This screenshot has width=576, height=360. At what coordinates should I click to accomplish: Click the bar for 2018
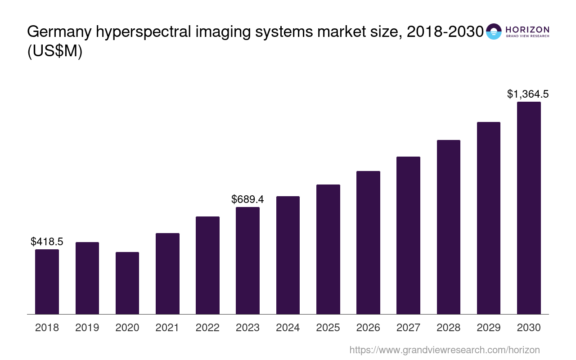[47, 282]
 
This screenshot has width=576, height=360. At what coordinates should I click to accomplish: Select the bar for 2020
[127, 283]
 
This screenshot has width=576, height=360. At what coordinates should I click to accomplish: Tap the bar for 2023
[247, 261]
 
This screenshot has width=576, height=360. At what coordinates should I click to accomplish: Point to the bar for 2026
[368, 243]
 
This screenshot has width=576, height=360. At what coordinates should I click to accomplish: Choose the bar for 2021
[167, 274]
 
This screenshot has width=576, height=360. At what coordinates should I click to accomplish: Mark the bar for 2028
[448, 227]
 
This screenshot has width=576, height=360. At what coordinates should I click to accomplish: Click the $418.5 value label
[47, 242]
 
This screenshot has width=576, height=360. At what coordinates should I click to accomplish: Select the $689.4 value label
[247, 199]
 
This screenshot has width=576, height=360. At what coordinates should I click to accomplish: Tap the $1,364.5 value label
[528, 94]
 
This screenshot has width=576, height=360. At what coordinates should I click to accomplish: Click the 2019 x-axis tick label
[87, 328]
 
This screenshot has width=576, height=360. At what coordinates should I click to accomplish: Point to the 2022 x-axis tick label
[207, 328]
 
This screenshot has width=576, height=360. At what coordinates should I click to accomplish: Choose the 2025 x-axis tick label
[328, 328]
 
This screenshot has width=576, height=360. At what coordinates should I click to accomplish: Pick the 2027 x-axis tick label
[408, 328]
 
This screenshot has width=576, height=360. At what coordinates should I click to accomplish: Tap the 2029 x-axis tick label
[489, 328]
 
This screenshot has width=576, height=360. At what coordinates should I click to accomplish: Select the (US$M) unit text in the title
[55, 52]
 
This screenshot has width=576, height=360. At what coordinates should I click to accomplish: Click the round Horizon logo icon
[494, 31]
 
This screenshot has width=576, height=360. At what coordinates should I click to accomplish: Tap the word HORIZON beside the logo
[527, 29]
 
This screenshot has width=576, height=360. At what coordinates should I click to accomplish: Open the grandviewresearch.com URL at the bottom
[444, 350]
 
